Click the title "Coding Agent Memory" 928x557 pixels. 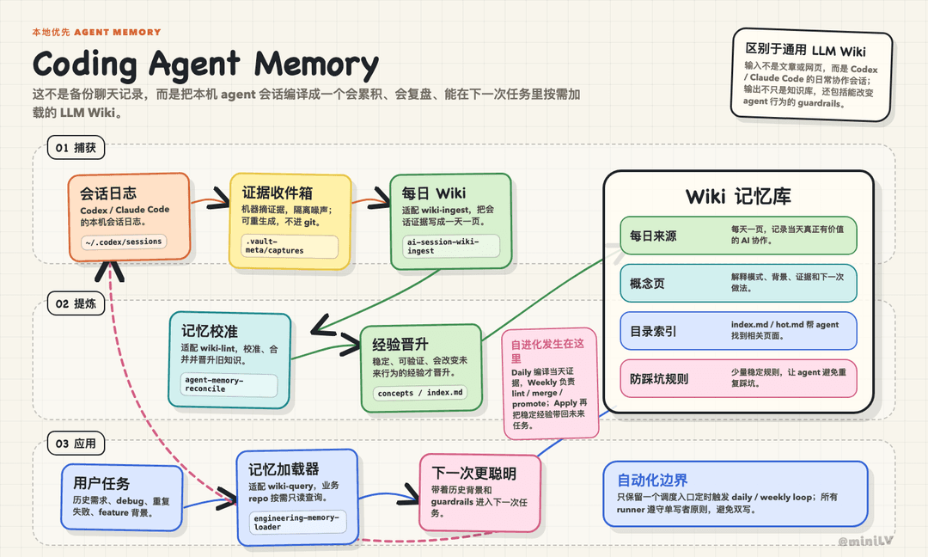(205, 64)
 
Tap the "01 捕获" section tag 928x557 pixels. (76, 147)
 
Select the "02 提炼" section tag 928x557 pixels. (76, 303)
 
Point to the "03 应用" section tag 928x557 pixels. (76, 444)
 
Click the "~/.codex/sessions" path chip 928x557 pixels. (124, 242)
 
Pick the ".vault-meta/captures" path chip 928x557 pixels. (290, 246)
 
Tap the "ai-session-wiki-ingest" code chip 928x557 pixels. (450, 246)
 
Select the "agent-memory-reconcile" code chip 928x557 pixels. (229, 385)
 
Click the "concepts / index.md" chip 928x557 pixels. (419, 393)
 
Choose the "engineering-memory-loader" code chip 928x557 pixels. (297, 522)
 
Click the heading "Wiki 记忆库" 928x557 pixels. (738, 196)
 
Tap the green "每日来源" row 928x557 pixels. (738, 236)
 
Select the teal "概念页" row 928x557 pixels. (738, 283)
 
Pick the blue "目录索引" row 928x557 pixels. (738, 331)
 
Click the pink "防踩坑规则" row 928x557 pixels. (738, 378)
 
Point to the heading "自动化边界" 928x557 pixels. (652, 480)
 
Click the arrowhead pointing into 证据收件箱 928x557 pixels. (220, 198)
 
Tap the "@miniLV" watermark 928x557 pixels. (865, 541)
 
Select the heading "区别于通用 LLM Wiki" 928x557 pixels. (805, 50)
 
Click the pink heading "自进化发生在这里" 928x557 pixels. (547, 351)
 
